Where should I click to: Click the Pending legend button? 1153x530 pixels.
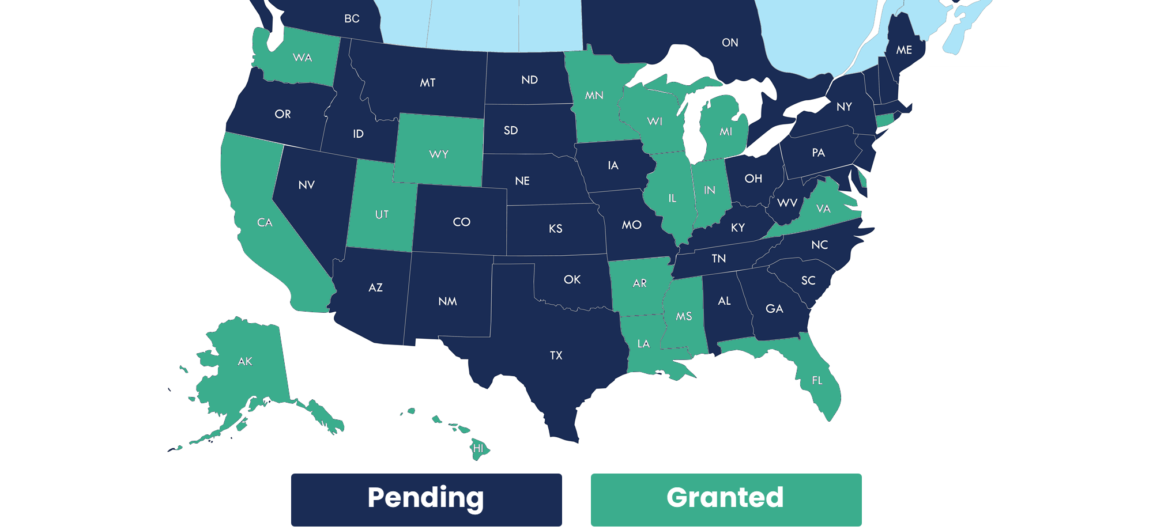pos(426,499)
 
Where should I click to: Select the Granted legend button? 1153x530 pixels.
pos(726,499)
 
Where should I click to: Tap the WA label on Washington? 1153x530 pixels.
pos(302,58)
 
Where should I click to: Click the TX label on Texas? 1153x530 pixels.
pos(556,355)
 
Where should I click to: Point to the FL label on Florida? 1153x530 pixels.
pos(817,380)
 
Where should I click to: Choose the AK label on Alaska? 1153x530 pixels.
pos(245,361)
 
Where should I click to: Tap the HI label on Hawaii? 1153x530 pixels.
pos(478,448)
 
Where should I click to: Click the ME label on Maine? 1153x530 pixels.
pos(904,50)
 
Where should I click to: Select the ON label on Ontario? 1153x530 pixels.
pos(730,43)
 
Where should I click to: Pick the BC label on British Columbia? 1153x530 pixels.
pos(352,19)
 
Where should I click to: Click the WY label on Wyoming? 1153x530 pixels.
pos(439,154)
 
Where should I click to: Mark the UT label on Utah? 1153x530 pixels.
pos(382,215)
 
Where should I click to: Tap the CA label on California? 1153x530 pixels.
pos(265,222)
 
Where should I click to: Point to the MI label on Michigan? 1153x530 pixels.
pos(726,132)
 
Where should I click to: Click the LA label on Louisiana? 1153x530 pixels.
pos(643,344)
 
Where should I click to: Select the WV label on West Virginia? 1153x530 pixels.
pos(787,203)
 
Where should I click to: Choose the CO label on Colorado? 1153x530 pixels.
pos(462,222)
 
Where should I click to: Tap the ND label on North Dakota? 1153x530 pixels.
pos(529,80)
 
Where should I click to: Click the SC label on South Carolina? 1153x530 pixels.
pos(808,281)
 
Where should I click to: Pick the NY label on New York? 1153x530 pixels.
pos(844,107)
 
